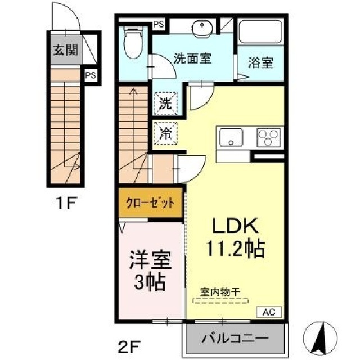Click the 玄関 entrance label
(x=66, y=49)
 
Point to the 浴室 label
(x=260, y=62)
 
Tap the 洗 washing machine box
(x=165, y=103)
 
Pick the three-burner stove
(x=268, y=137)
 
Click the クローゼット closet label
(x=150, y=203)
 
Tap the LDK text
(x=234, y=227)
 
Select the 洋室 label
(x=150, y=261)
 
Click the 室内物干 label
(x=220, y=292)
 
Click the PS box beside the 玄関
(x=90, y=74)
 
